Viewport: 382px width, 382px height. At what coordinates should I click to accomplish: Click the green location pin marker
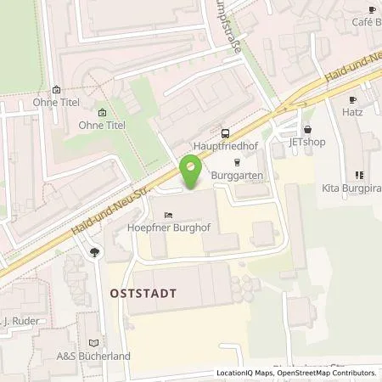click(191, 173)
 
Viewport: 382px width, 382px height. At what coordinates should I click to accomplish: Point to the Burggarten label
click(238, 175)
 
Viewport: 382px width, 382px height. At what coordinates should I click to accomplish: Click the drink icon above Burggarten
click(238, 161)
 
